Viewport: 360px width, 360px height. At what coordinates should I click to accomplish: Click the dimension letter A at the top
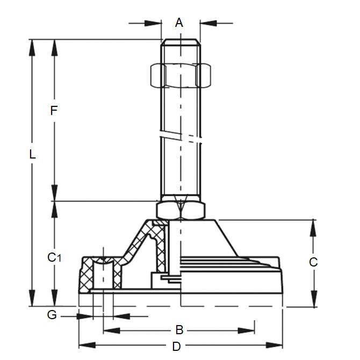pos(179,23)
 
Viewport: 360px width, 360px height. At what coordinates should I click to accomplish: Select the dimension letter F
pos(53,111)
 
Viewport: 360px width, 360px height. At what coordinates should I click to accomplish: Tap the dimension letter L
pos(32,155)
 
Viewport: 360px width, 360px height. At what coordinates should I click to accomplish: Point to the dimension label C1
pos(54,258)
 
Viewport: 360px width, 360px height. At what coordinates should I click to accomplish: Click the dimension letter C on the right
pos(314,262)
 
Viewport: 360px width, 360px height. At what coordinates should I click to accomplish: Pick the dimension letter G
pos(52,315)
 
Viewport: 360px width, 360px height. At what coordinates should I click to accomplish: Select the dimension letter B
pos(180,329)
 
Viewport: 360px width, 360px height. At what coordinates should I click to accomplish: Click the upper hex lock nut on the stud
pos(181,75)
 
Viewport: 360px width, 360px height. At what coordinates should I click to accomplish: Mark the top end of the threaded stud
pos(181,40)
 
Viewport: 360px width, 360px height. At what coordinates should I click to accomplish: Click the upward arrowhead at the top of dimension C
pos(313,227)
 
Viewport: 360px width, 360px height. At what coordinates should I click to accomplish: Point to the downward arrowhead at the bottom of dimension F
pos(54,193)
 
